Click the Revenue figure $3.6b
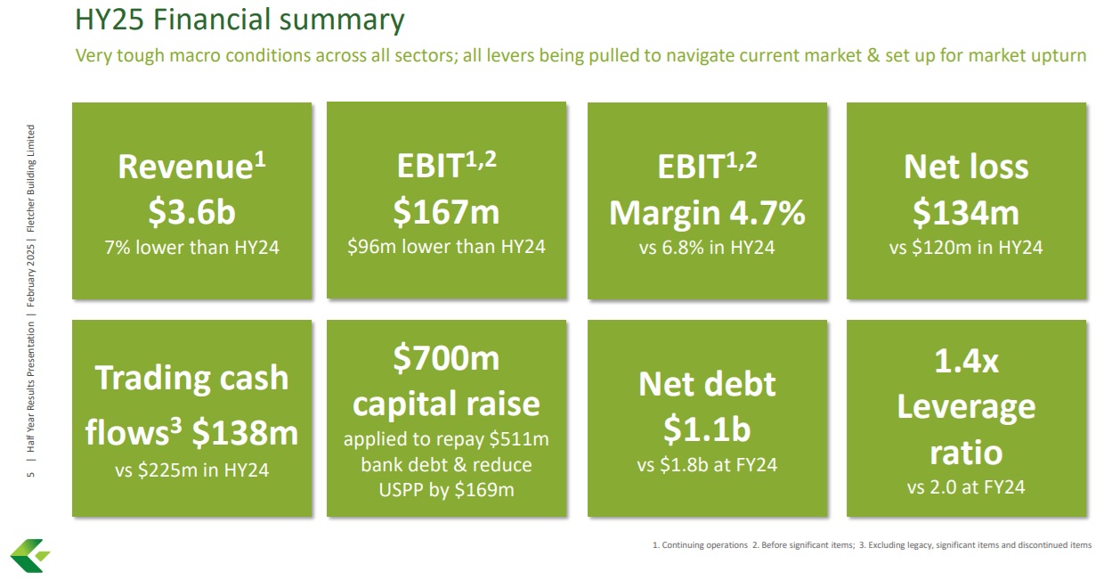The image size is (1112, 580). coord(191,212)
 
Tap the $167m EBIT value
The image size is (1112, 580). coord(446,212)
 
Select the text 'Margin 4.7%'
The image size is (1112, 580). coord(707,214)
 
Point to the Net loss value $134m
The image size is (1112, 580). coord(966,213)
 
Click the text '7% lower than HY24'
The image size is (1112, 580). coord(191,248)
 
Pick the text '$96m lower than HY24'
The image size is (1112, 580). coord(446,246)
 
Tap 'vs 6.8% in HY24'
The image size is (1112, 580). coord(707,248)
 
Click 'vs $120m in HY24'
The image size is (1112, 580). coord(966,248)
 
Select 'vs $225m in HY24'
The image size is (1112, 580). coord(191,470)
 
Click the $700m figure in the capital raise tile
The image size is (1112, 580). coord(446,358)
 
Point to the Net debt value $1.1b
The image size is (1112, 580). coord(707,429)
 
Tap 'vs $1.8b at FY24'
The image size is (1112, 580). coord(707,465)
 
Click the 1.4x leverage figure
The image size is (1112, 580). coord(966,361)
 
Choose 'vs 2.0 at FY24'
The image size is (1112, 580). coord(966,487)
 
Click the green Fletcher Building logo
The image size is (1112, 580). coord(29,556)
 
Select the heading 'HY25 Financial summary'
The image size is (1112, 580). coord(239,20)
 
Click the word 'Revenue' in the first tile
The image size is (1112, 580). coord(185,167)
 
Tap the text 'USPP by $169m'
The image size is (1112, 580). coord(446,490)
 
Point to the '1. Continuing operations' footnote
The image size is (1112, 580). coord(700,544)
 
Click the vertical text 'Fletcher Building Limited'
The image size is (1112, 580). coord(31,178)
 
